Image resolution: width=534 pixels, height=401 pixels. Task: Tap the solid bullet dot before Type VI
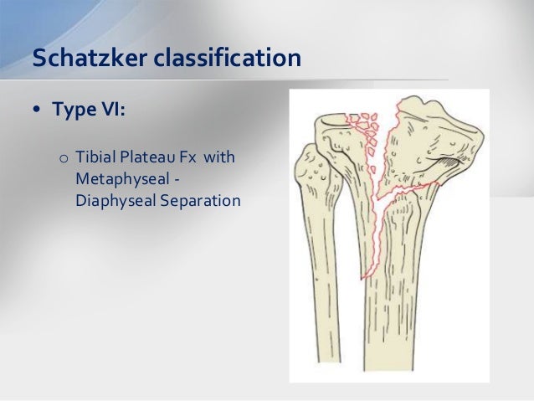click(x=39, y=111)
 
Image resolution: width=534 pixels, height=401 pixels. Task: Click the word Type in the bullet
click(x=74, y=111)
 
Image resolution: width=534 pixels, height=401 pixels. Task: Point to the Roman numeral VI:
click(x=111, y=111)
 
